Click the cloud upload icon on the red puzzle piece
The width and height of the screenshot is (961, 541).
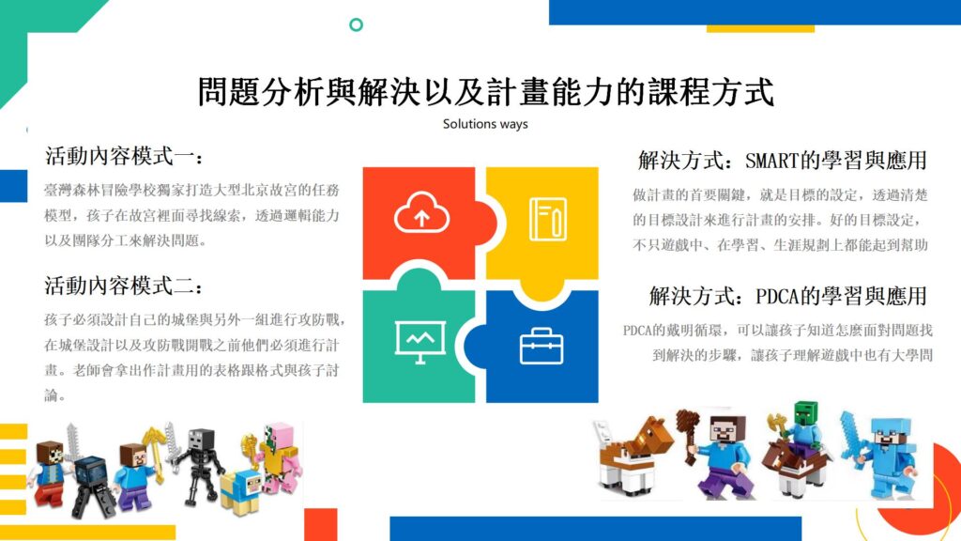coord(421,212)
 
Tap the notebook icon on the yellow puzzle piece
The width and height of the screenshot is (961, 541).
coord(548,218)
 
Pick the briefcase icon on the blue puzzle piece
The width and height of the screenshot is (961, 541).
coord(542,346)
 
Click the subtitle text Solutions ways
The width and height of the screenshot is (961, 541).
coord(485,124)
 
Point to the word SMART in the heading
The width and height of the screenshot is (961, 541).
coord(771,161)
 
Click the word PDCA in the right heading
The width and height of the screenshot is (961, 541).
coord(778,296)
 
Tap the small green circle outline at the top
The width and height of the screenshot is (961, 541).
coord(356,24)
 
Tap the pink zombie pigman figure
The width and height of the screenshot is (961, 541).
coord(279,457)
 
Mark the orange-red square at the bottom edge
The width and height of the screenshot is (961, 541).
coord(321,524)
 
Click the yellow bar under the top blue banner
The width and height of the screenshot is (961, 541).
coord(760,29)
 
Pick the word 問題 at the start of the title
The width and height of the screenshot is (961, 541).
coord(229,92)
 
